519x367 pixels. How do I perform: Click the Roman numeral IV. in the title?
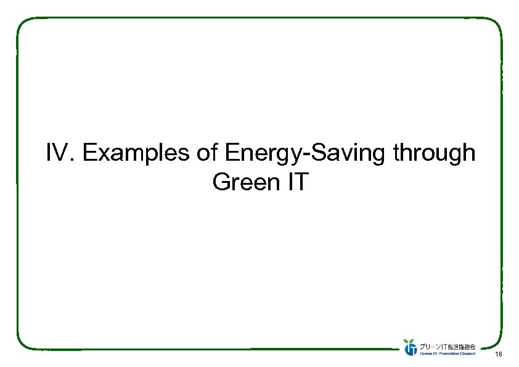point(60,153)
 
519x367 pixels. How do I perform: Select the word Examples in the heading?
point(136,153)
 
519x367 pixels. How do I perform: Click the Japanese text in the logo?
point(448,346)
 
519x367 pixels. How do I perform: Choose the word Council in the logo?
point(468,354)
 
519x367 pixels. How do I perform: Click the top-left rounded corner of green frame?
point(23,25)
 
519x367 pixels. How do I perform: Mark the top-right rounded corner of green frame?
point(496,25)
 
